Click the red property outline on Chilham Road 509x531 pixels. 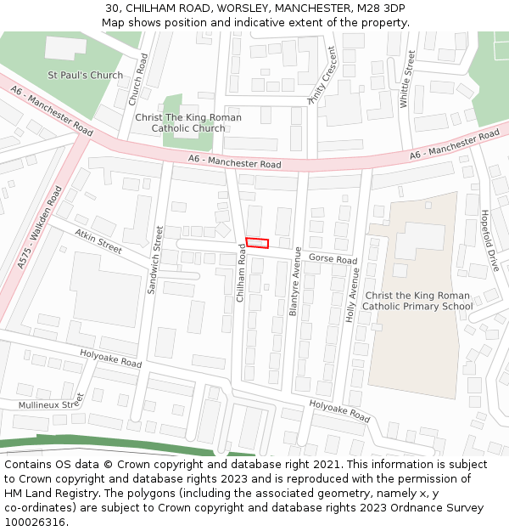click(257, 243)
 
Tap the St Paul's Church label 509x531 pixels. click(85, 75)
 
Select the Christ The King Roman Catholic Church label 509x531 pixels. click(188, 122)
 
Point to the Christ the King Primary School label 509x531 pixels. click(417, 301)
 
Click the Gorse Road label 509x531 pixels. click(333, 258)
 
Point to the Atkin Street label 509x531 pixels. click(98, 240)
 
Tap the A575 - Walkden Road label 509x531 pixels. click(40, 228)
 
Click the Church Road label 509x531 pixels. click(138, 80)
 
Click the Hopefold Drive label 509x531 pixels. click(489, 240)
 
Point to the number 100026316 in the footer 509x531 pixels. click(35, 522)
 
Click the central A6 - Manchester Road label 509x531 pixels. click(234, 162)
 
